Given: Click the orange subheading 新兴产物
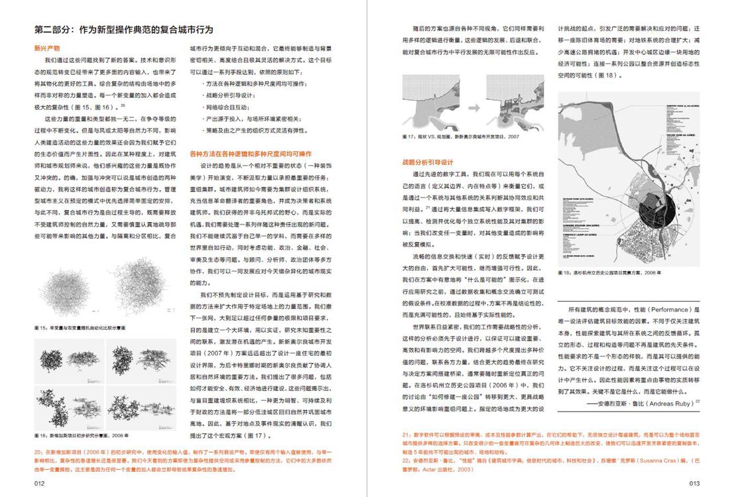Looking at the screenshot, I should point(47,48).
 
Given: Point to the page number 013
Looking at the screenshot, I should point(694,484).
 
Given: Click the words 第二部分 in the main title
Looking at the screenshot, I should point(54,30).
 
